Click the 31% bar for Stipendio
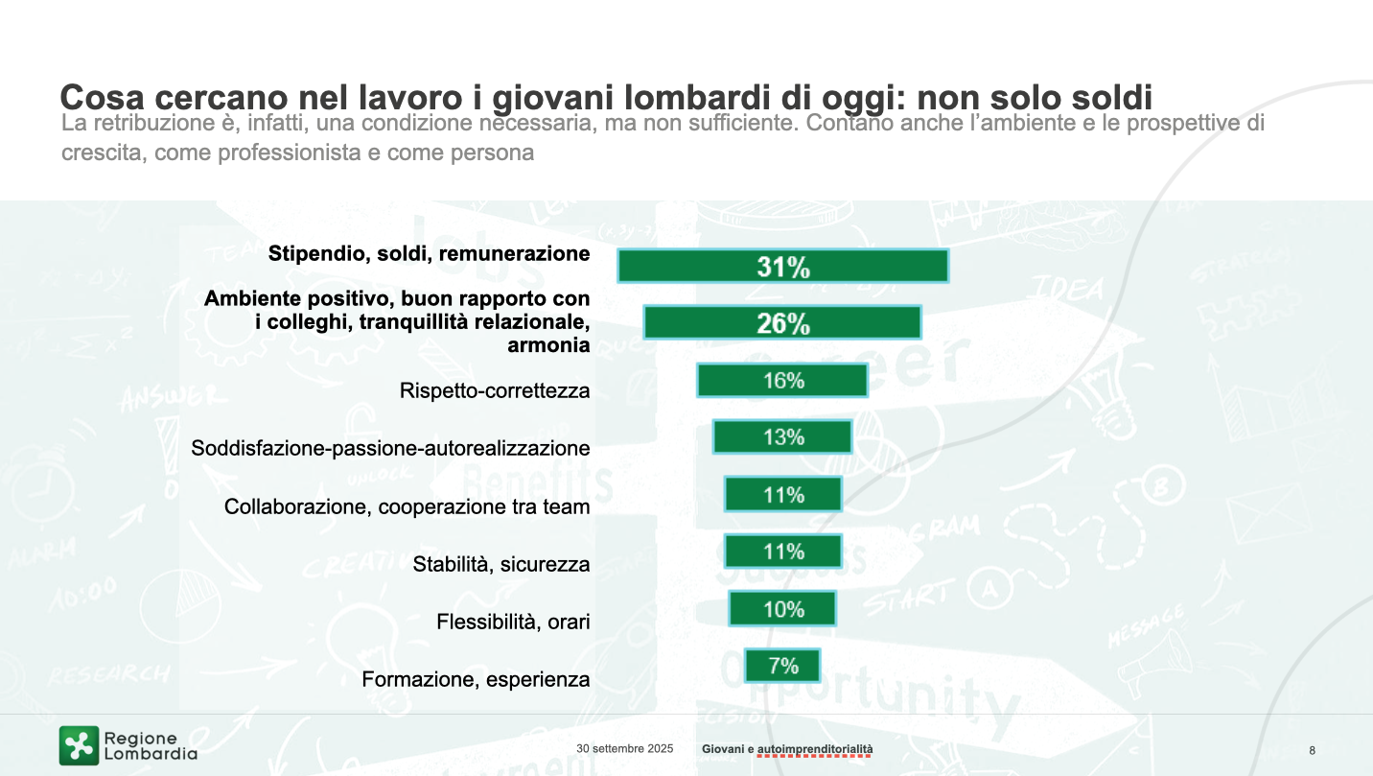pyautogui.click(x=782, y=266)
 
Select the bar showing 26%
pyautogui.click(x=782, y=322)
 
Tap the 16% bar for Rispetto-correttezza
pyautogui.click(x=782, y=381)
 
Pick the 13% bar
pyautogui.click(x=782, y=437)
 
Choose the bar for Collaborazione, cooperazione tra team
pyautogui.click(x=782, y=495)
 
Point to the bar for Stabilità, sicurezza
pyautogui.click(x=782, y=552)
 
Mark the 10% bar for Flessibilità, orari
pyautogui.click(x=782, y=609)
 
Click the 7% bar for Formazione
pyautogui.click(x=782, y=666)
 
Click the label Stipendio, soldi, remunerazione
pyautogui.click(x=429, y=254)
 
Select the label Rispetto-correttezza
pyautogui.click(x=494, y=391)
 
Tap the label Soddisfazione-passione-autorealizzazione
pyautogui.click(x=390, y=449)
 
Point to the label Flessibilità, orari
pyautogui.click(x=513, y=622)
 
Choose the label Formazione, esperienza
pyautogui.click(x=476, y=680)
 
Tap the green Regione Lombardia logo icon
pyautogui.click(x=79, y=745)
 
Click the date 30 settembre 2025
pyautogui.click(x=624, y=748)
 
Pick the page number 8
pyautogui.click(x=1312, y=750)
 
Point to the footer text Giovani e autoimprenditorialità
pyautogui.click(x=787, y=748)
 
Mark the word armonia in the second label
pyautogui.click(x=547, y=345)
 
